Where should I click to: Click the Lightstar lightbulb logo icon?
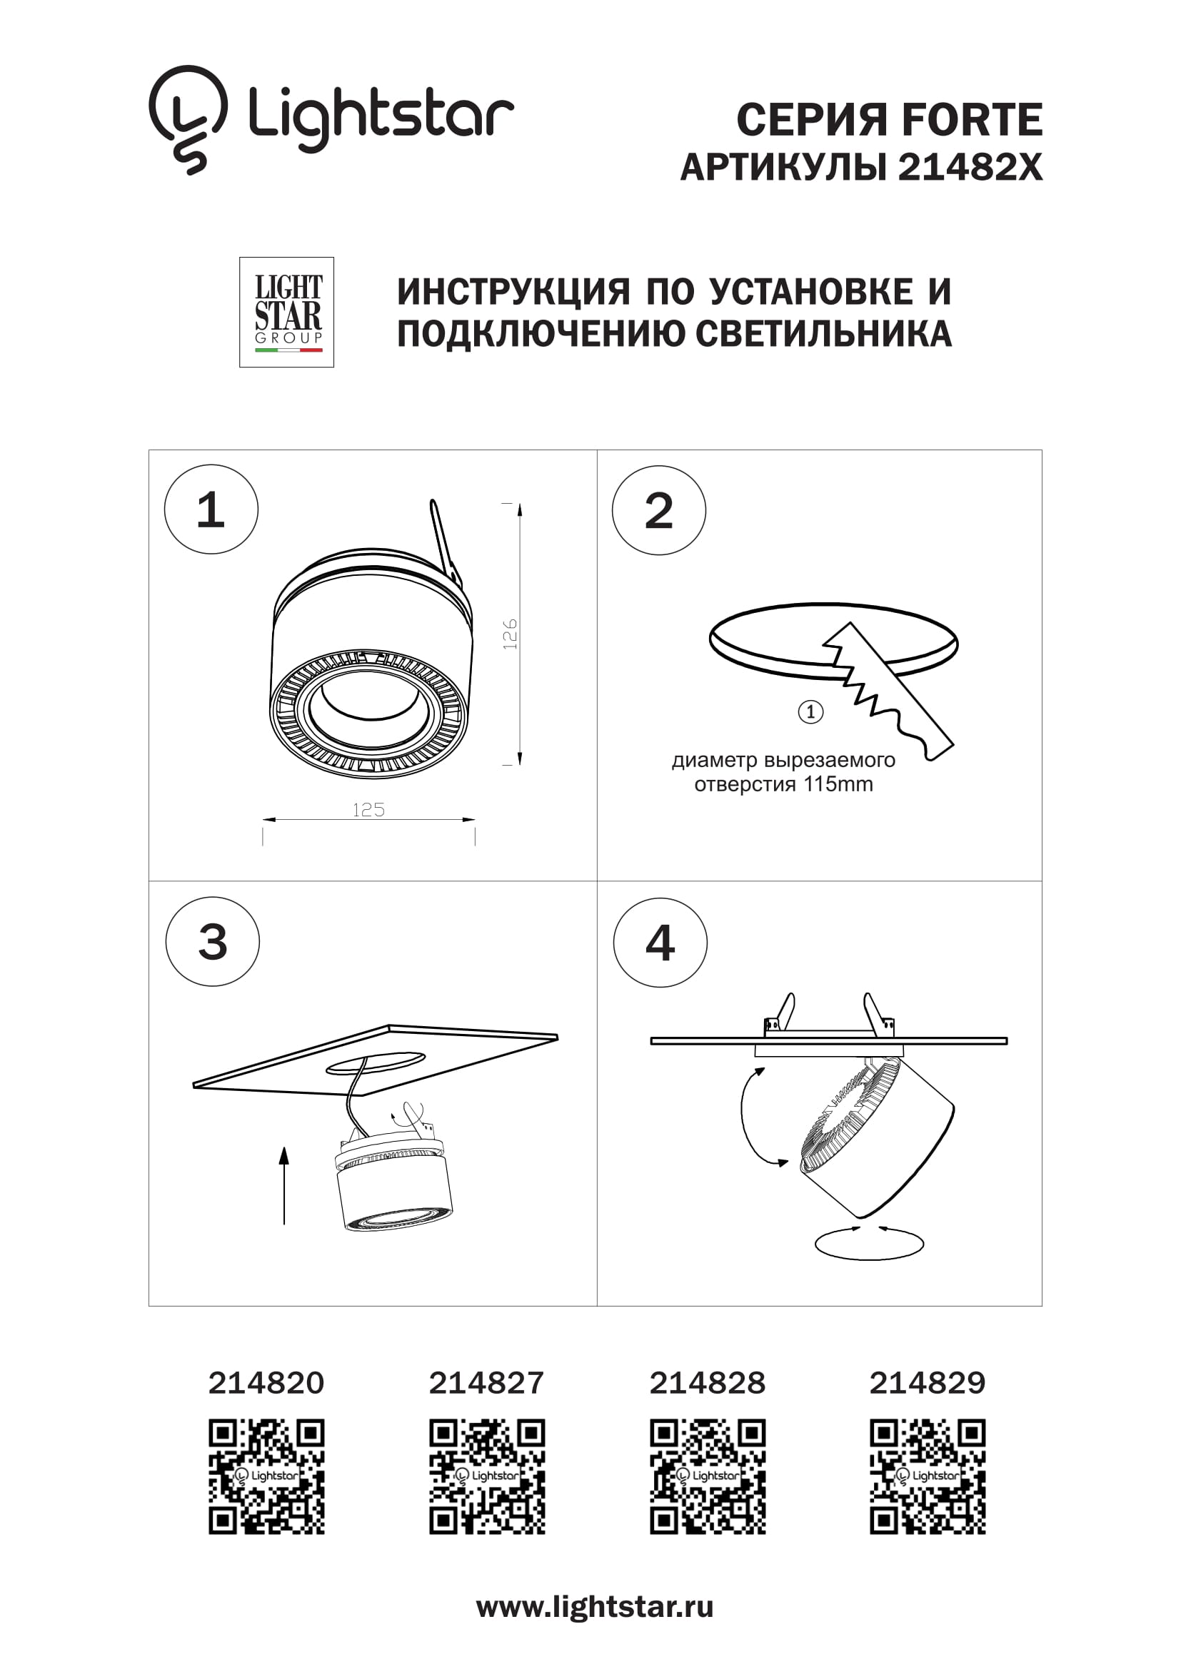pos(188,118)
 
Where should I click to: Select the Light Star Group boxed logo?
pos(286,312)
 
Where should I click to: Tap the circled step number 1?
pos(211,509)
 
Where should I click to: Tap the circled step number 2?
pos(658,510)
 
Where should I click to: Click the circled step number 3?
pos(212,941)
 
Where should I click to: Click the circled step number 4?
pos(660,943)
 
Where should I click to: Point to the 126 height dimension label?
pos(510,634)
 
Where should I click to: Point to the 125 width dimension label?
pos(368,810)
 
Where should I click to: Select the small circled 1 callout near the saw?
pos(810,711)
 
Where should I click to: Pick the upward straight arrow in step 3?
pos(284,1185)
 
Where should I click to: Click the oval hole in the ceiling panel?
pos(376,1062)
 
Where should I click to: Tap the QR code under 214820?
pos(266,1476)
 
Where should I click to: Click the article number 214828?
pos(707,1383)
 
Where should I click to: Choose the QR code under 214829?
pos(928,1476)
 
